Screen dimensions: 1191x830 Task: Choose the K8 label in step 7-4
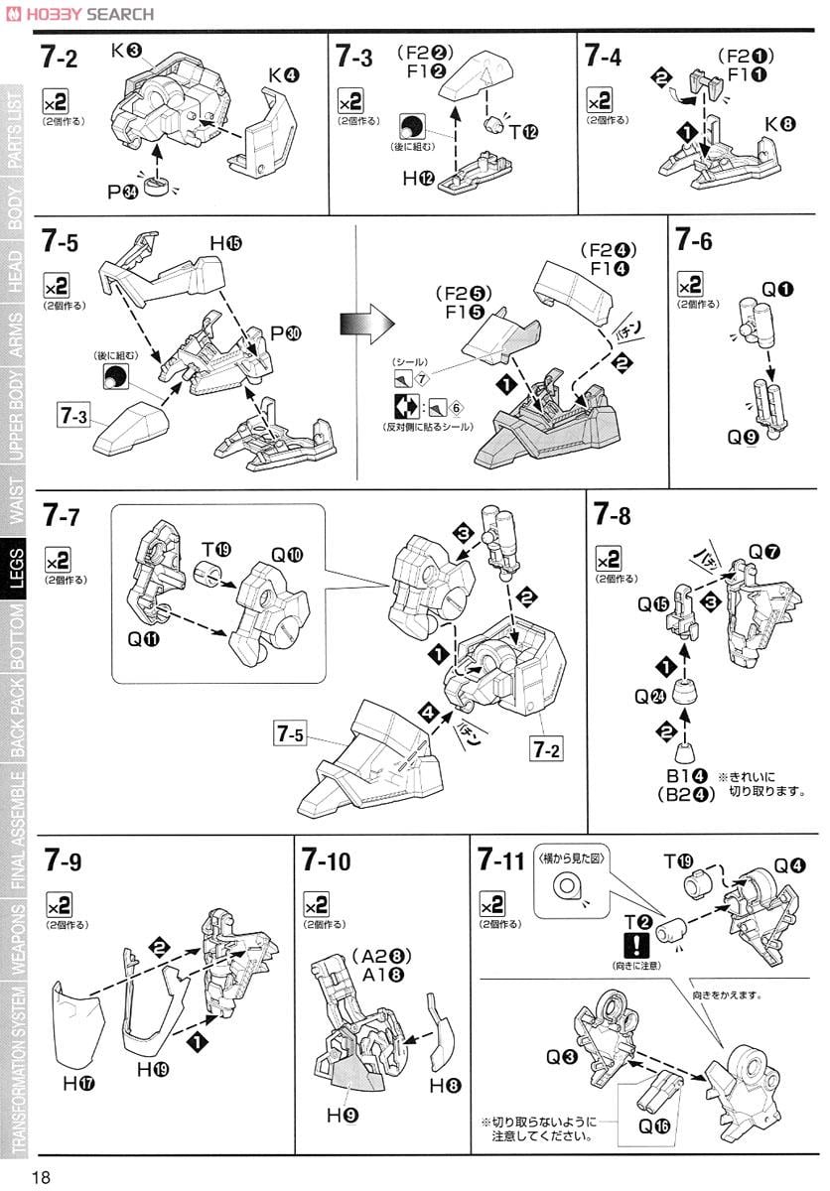[x=779, y=124]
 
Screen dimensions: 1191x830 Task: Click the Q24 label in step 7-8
[x=649, y=696]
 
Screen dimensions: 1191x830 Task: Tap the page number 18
[x=41, y=1176]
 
